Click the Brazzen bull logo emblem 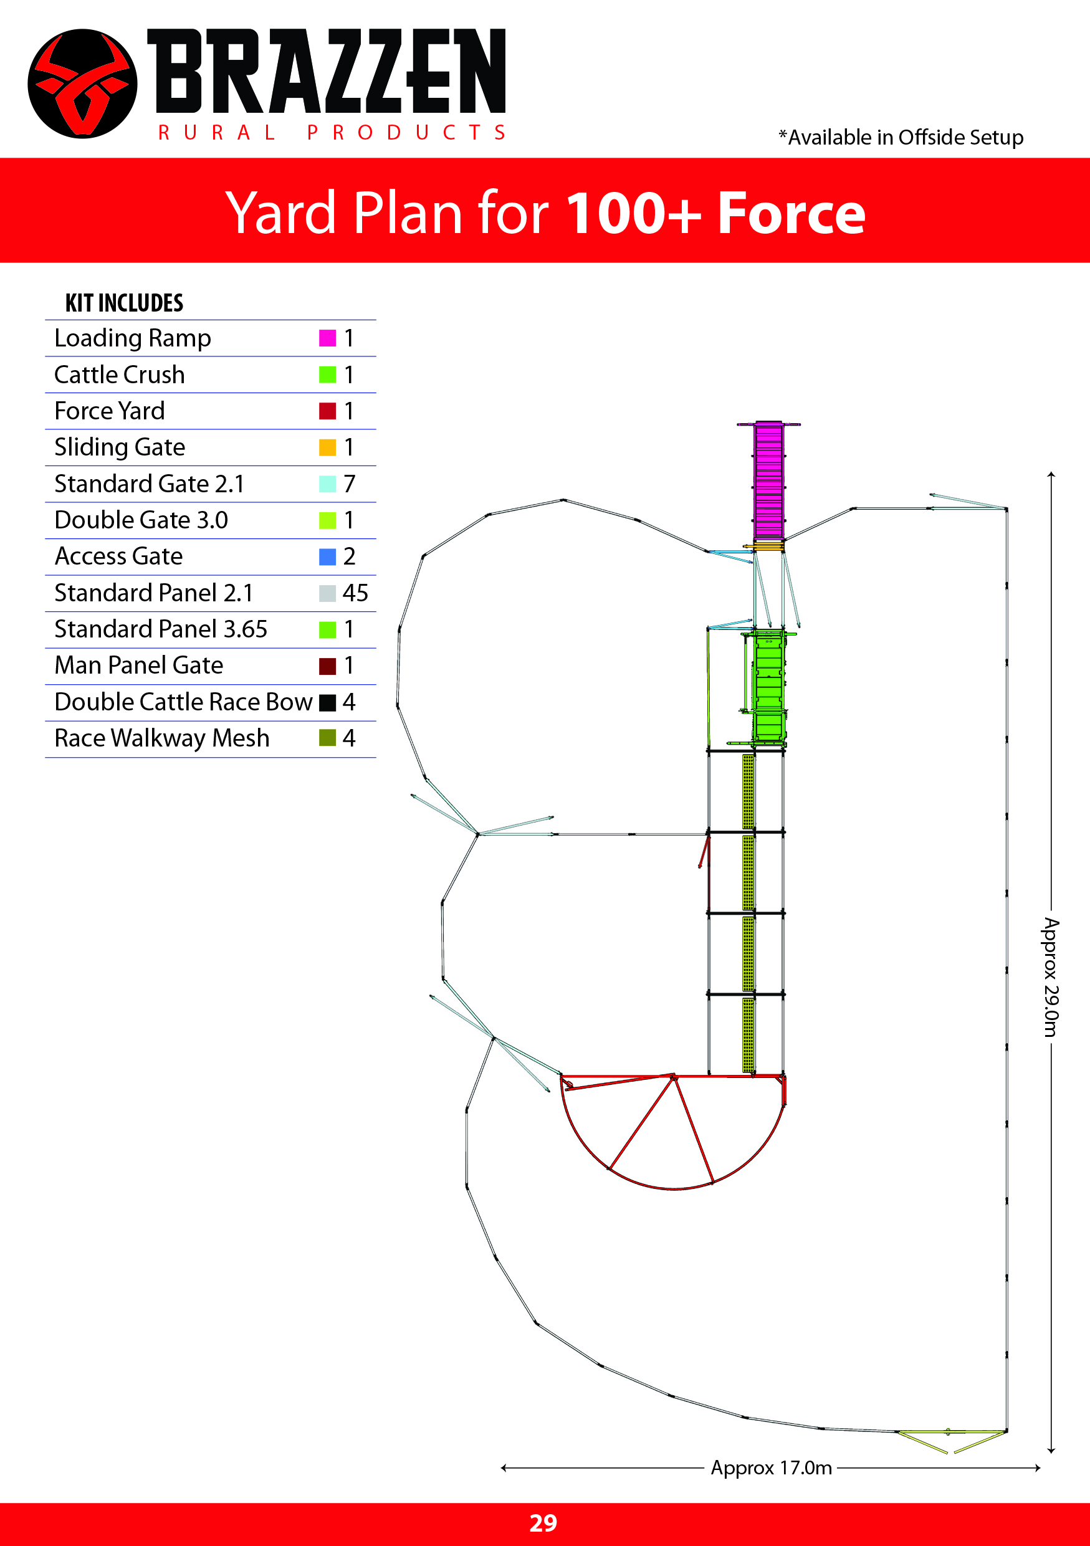(82, 84)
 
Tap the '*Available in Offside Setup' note (901, 137)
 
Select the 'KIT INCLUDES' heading (124, 303)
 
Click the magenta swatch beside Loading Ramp (327, 338)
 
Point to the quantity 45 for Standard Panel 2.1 (355, 593)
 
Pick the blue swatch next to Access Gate (327, 556)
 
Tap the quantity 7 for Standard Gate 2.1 (349, 484)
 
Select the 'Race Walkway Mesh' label (161, 738)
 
